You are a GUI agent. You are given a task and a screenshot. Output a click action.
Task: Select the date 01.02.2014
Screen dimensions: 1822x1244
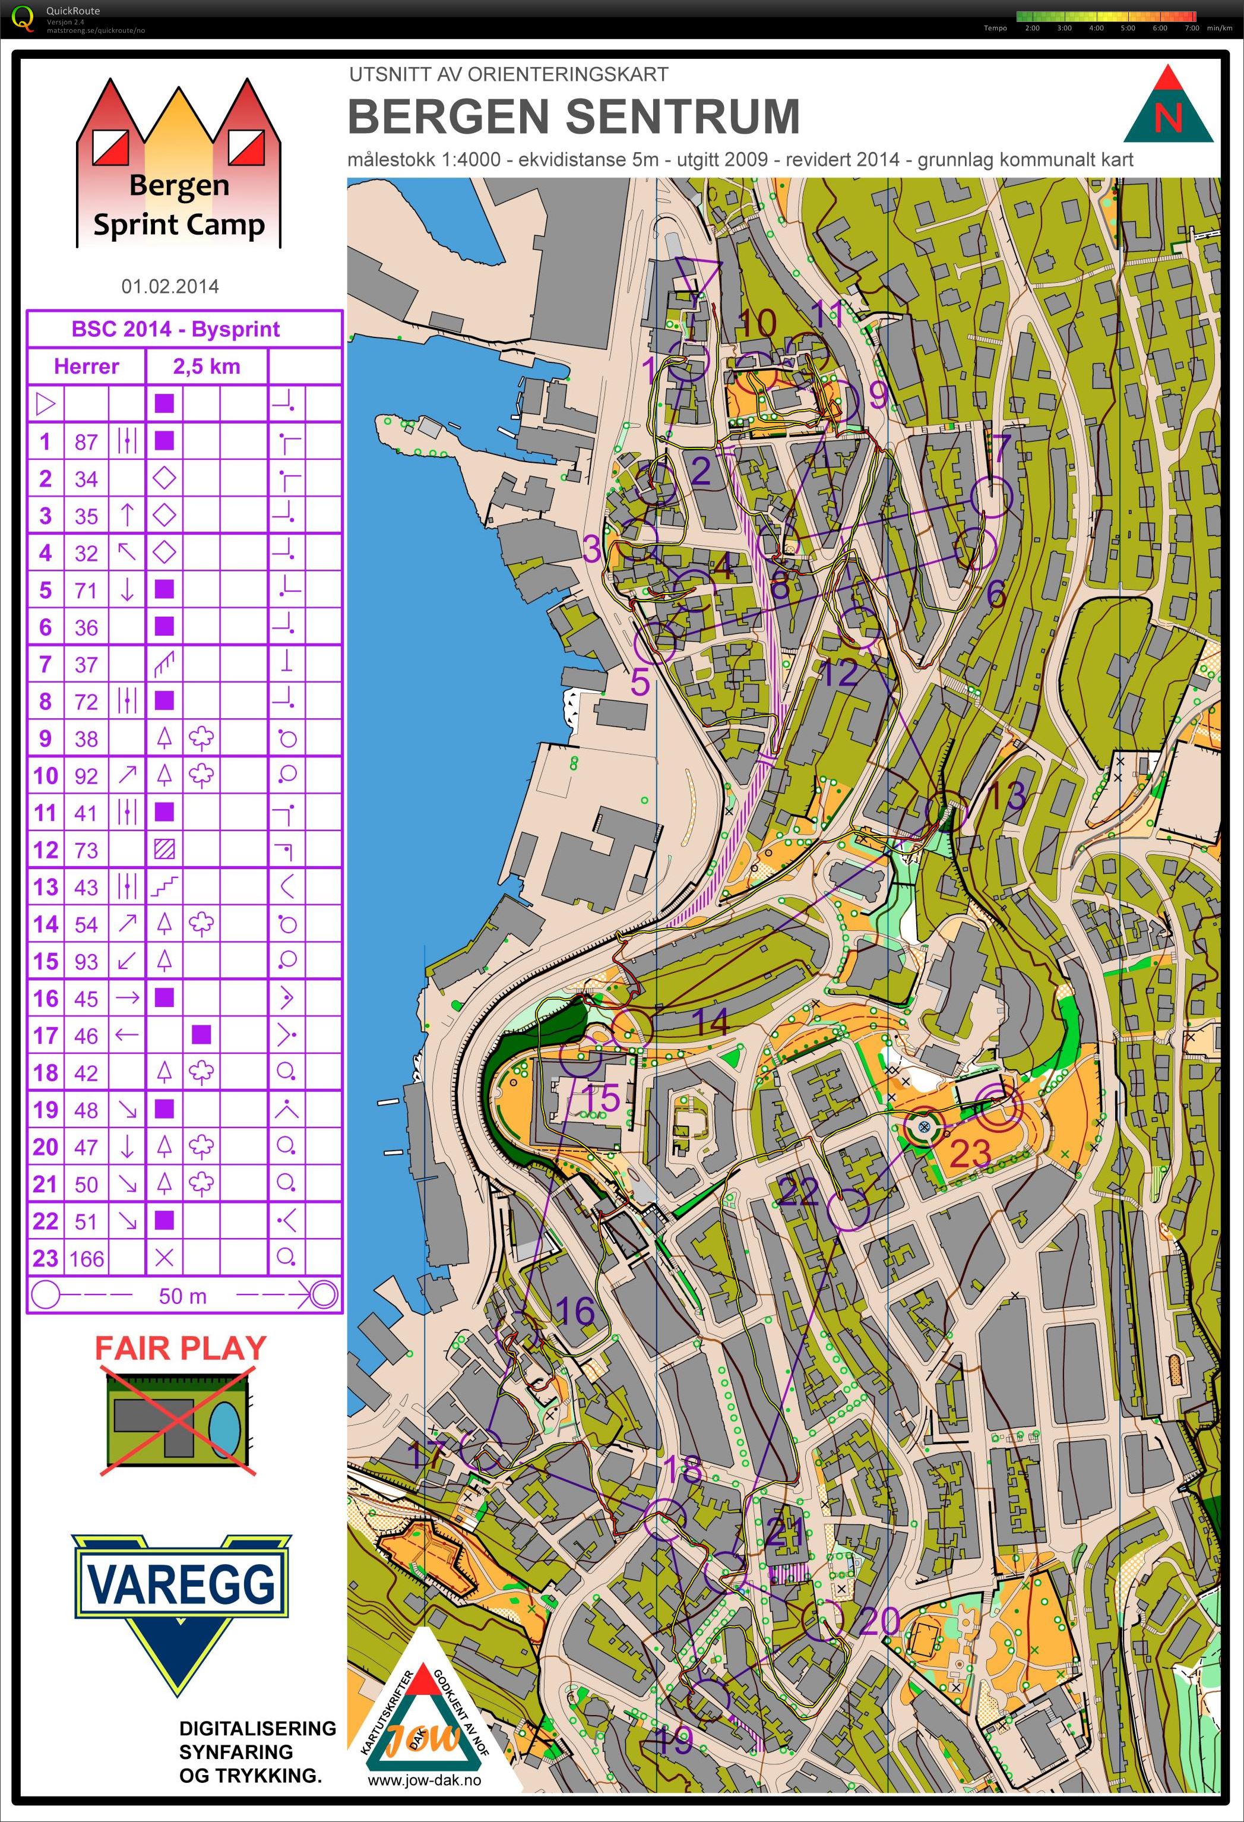(170, 286)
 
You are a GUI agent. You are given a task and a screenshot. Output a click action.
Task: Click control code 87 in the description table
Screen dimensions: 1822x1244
(86, 442)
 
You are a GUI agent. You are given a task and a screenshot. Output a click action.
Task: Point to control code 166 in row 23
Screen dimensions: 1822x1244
(86, 1259)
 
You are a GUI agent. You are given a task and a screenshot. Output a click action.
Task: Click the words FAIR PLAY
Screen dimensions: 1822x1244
(181, 1349)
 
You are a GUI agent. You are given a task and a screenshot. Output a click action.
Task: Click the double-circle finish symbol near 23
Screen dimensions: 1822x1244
(999, 1106)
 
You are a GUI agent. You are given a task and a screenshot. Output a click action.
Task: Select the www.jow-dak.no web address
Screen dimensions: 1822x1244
(423, 1780)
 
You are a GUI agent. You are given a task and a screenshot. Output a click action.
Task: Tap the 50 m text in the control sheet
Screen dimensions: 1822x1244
(183, 1296)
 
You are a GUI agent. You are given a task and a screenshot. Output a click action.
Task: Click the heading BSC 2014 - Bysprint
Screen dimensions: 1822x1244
(176, 329)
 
